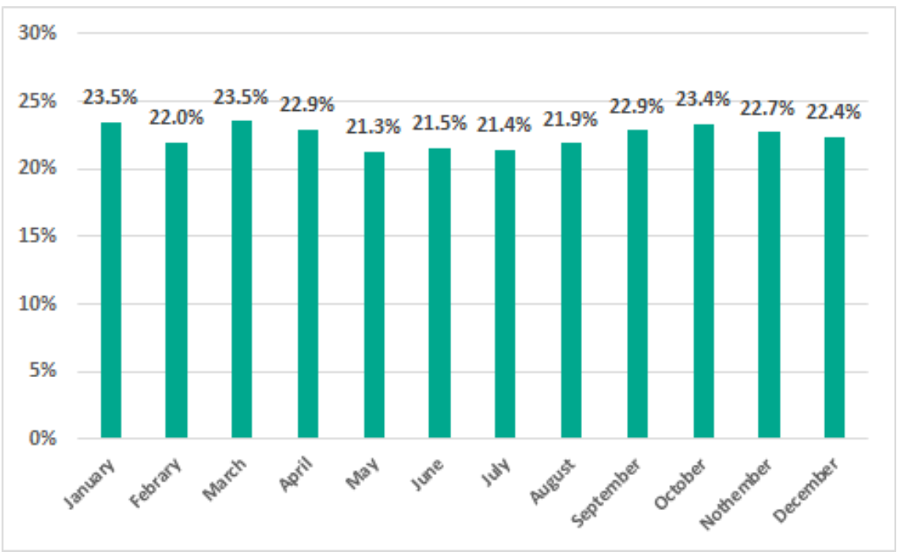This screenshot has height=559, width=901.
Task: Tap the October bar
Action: [x=703, y=281]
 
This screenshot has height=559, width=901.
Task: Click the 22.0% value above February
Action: [x=177, y=118]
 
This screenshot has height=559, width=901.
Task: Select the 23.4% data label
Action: [x=703, y=99]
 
